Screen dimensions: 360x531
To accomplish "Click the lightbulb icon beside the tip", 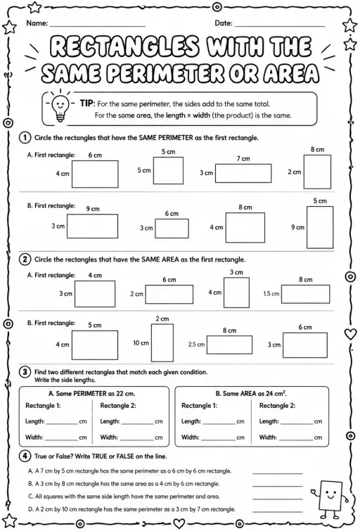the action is [x=60, y=105].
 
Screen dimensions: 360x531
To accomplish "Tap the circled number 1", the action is [x=25, y=138].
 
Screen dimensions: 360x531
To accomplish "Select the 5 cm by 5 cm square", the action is [x=168, y=171].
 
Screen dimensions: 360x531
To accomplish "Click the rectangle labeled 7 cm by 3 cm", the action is [x=243, y=174].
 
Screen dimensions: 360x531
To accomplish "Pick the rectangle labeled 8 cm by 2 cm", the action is [x=317, y=172].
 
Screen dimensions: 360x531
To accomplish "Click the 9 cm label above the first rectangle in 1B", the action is [x=92, y=209].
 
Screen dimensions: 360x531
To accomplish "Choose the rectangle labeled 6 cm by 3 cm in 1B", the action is [x=172, y=229].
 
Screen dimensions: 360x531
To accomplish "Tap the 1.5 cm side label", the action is [x=271, y=293].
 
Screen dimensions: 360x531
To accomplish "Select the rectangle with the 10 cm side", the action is [x=162, y=343].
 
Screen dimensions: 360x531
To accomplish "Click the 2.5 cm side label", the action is [x=196, y=345].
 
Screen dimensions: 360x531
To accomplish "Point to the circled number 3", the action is [x=25, y=372].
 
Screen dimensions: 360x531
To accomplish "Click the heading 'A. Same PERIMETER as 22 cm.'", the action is [x=92, y=394].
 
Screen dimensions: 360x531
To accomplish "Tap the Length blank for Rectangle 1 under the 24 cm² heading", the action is [x=219, y=423].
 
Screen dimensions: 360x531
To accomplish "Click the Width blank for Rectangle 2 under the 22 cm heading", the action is [x=137, y=440].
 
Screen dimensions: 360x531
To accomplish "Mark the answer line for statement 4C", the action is [x=278, y=499].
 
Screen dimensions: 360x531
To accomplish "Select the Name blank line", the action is [x=98, y=26].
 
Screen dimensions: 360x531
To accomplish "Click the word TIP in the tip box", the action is [x=87, y=103].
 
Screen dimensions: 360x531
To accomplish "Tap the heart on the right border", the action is [x=351, y=334].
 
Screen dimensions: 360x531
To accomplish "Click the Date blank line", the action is [x=280, y=26].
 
